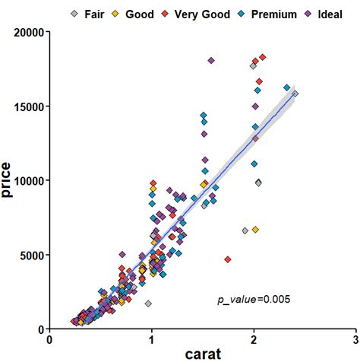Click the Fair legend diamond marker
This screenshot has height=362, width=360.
(74, 14)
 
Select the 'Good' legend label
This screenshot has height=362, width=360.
(140, 14)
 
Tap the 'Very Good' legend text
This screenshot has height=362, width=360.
(202, 14)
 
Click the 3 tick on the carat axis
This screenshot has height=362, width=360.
(355, 340)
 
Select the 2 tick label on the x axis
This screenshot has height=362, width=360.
(254, 340)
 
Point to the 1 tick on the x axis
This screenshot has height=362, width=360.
(152, 340)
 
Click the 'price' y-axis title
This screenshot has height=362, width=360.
(8, 180)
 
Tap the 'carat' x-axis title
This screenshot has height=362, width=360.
(203, 354)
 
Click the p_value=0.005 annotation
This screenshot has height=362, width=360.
(254, 300)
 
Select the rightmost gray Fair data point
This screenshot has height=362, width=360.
(295, 94)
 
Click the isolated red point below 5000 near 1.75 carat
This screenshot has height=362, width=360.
(228, 260)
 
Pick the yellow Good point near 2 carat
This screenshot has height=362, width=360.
(255, 230)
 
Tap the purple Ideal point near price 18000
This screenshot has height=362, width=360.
(211, 60)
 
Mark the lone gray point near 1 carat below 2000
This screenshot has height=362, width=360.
(148, 303)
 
